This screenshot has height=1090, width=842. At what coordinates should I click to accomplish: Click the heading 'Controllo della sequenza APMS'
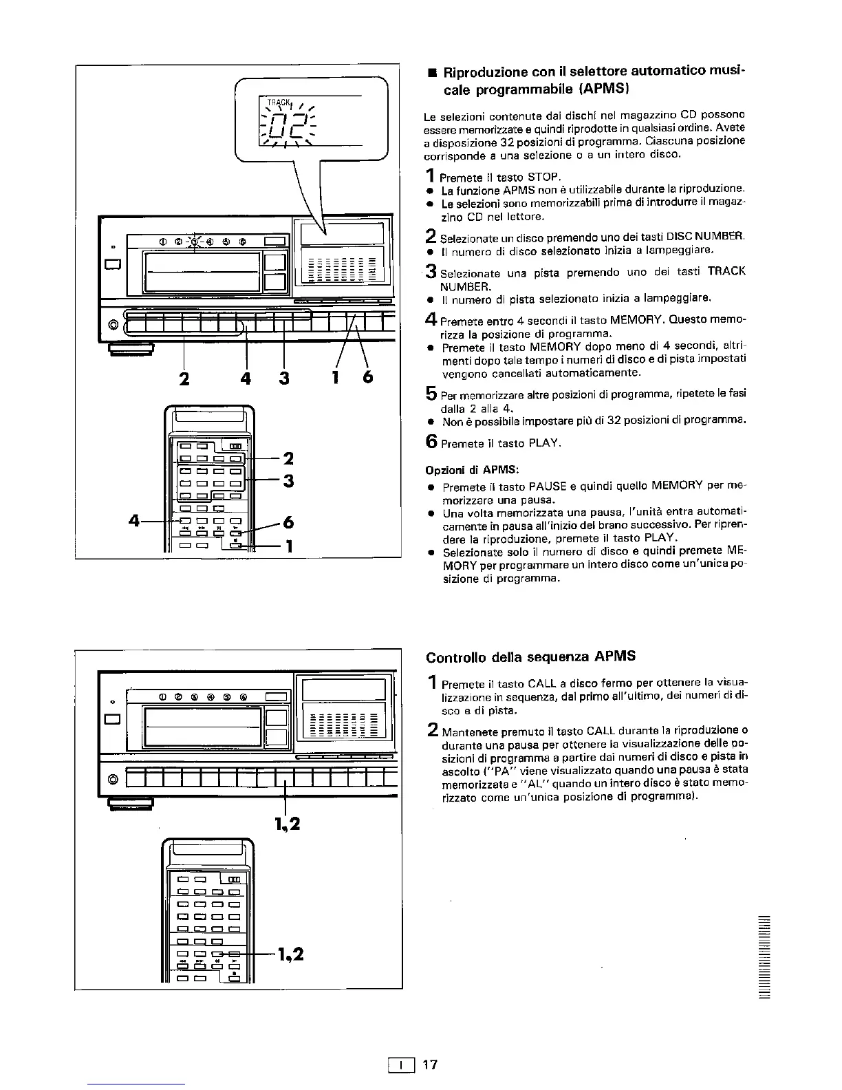pyautogui.click(x=530, y=656)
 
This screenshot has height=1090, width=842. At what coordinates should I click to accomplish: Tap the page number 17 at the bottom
pyautogui.click(x=429, y=1065)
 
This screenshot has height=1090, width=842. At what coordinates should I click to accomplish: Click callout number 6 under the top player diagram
pyautogui.click(x=367, y=378)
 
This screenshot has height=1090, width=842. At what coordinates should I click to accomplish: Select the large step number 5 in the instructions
pyautogui.click(x=431, y=394)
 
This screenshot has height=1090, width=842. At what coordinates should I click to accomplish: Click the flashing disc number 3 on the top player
pyautogui.click(x=194, y=241)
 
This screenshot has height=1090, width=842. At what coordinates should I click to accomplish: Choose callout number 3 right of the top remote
pyautogui.click(x=289, y=480)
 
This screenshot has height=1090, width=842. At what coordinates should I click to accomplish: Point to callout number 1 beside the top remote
pyautogui.click(x=290, y=546)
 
